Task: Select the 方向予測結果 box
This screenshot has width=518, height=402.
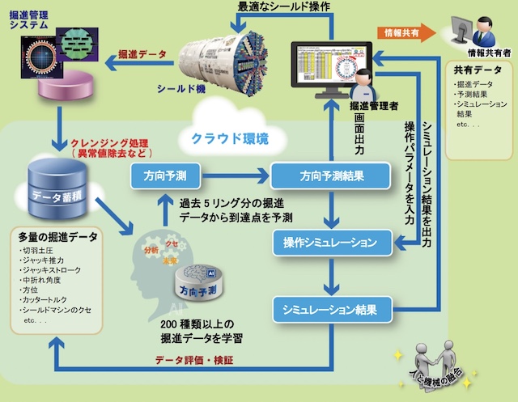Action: click(330, 175)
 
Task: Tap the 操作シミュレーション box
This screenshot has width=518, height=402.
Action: click(330, 241)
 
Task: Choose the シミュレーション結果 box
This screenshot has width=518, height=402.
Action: click(331, 308)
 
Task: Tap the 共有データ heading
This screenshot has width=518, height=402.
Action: click(471, 71)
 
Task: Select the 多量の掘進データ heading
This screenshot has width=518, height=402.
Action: click(57, 238)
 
